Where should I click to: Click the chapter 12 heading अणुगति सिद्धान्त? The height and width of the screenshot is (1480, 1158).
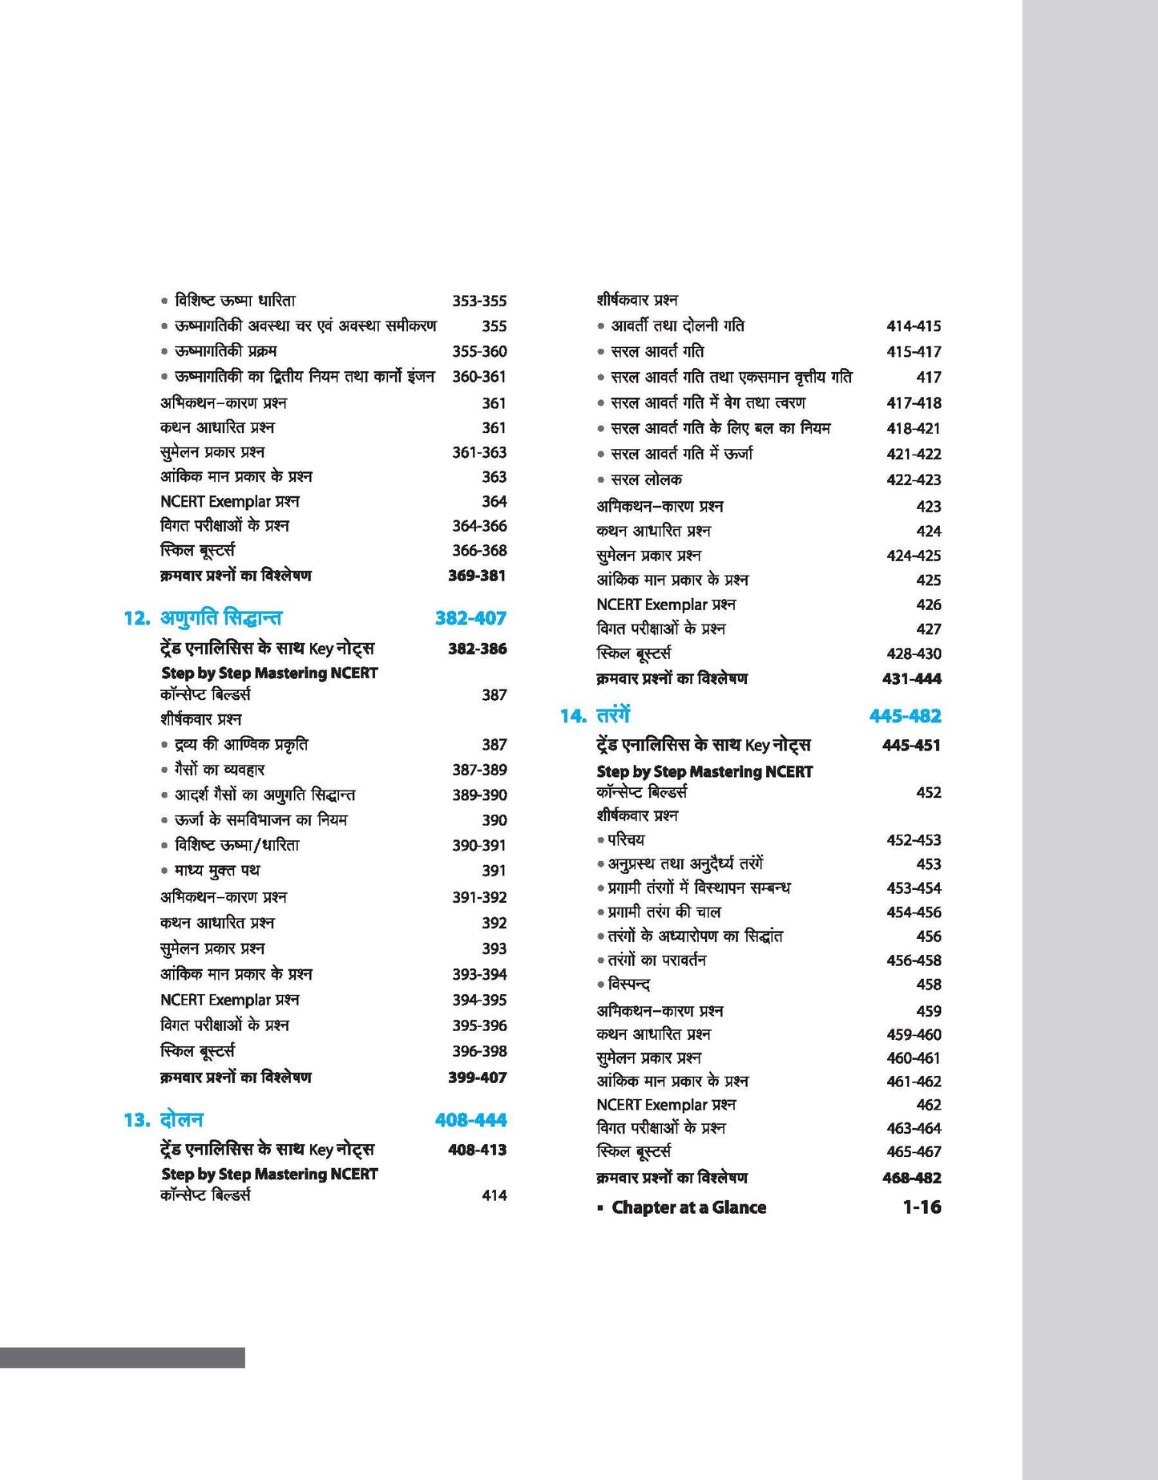coord(221,618)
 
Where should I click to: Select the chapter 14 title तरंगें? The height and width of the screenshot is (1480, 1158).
coord(613,715)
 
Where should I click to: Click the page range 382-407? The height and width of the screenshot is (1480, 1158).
coord(470,618)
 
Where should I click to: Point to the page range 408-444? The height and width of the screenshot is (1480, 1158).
coord(470,1120)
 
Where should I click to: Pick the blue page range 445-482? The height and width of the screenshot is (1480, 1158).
coord(905,716)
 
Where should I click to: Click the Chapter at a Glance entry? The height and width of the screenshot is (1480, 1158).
coord(688,1207)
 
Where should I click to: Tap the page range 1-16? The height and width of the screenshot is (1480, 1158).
coord(922,1207)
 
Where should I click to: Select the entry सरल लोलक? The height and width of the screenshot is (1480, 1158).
coord(646,479)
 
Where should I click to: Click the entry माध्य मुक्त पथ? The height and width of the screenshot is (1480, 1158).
coord(217,871)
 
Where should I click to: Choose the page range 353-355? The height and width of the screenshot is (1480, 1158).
coord(479,301)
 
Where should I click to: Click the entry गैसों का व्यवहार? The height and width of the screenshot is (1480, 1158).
coord(220,770)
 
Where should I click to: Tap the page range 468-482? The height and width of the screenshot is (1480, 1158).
coord(911,1178)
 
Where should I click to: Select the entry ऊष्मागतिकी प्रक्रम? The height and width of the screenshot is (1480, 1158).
coord(225,351)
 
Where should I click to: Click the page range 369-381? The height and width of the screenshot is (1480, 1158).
coord(477,576)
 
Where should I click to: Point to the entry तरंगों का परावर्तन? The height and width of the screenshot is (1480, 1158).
coord(656,960)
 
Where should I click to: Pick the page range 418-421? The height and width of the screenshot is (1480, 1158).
coord(914,429)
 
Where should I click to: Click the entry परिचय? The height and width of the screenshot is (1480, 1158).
coord(625,840)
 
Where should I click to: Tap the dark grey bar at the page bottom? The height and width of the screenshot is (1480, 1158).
coord(122,1357)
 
